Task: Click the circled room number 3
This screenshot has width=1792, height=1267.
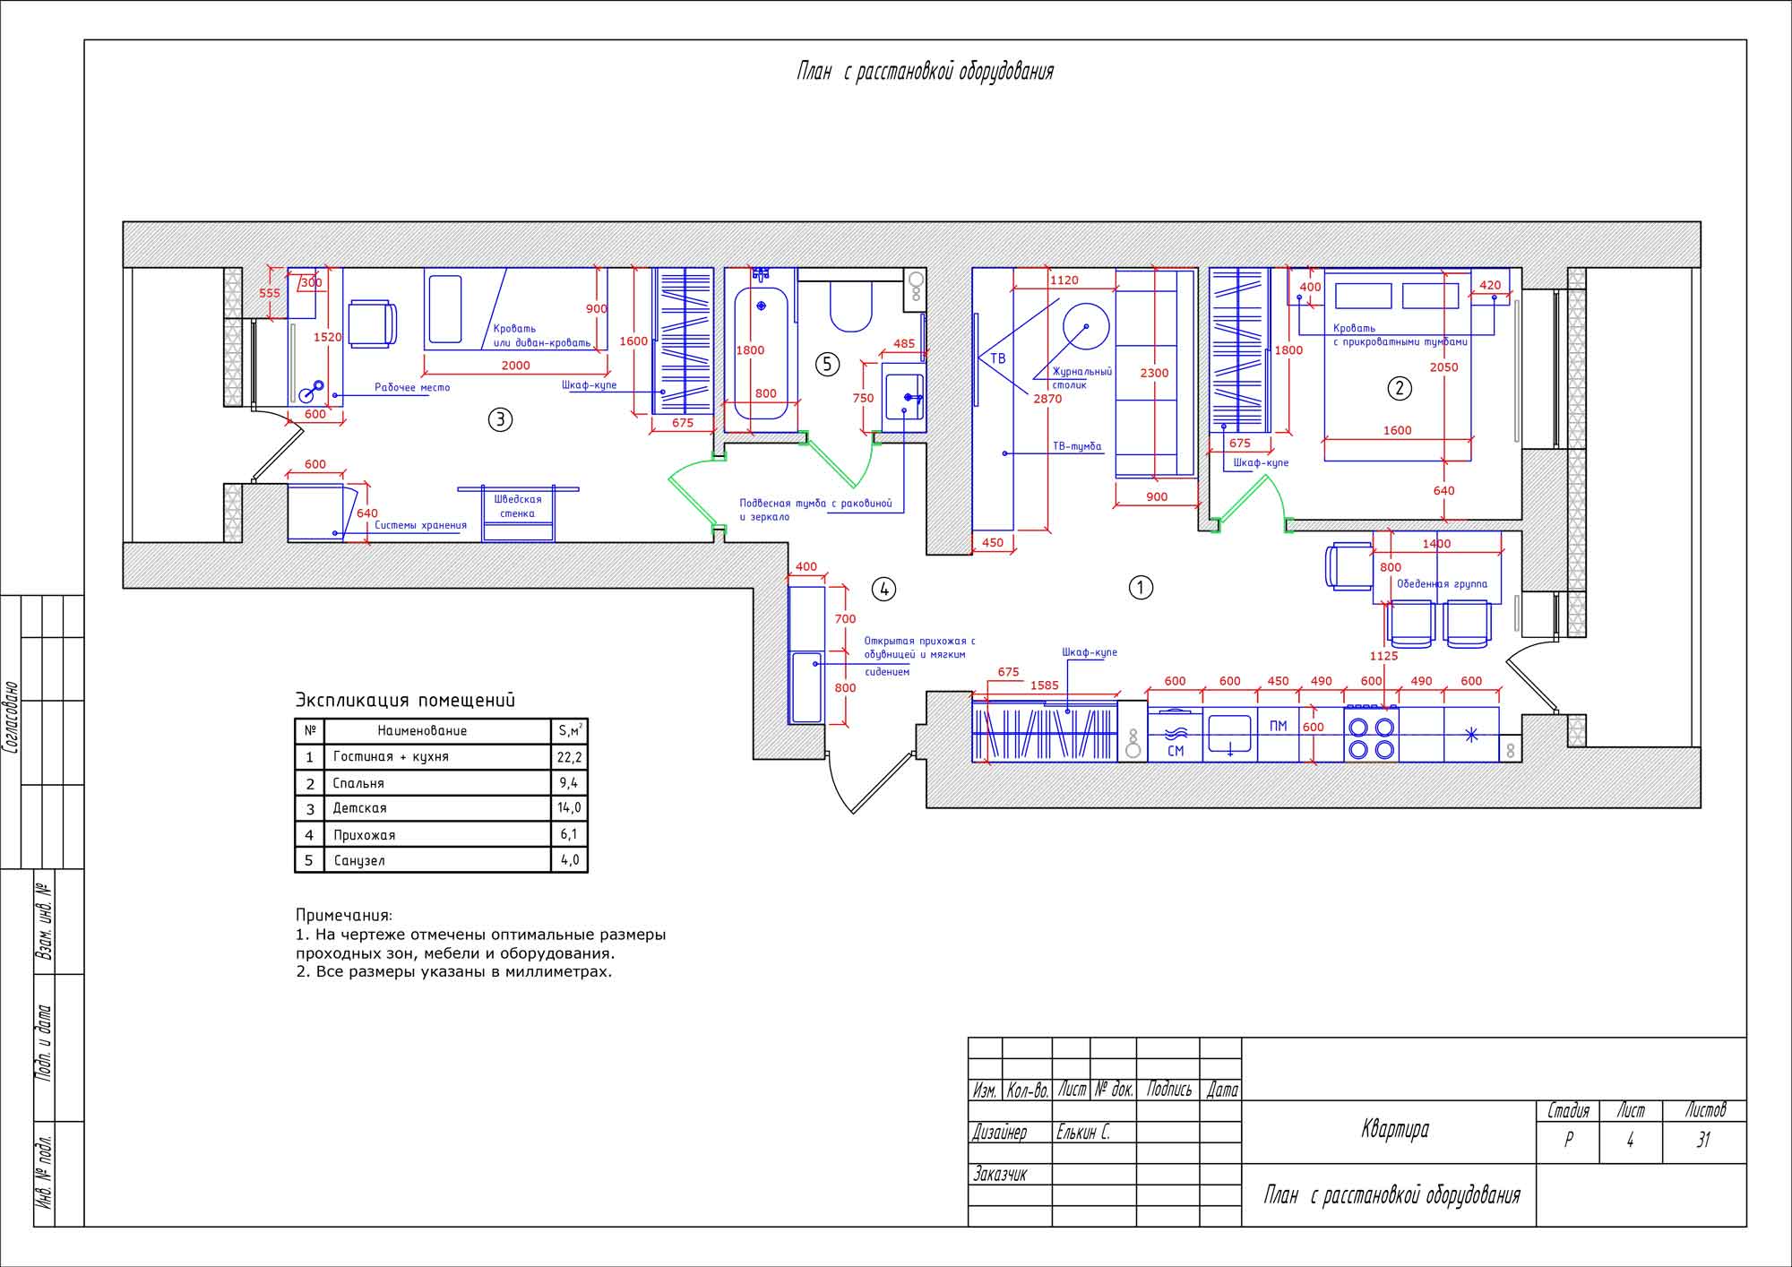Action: pyautogui.click(x=500, y=418)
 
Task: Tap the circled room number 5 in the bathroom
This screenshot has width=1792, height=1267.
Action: pyautogui.click(x=827, y=364)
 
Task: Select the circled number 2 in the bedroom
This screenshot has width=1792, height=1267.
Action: pyautogui.click(x=1400, y=388)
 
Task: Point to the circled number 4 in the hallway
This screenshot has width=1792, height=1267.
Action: pyautogui.click(x=883, y=589)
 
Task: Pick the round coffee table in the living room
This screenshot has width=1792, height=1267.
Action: pyautogui.click(x=1085, y=326)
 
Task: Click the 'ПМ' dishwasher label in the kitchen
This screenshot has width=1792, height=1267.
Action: pyautogui.click(x=1278, y=726)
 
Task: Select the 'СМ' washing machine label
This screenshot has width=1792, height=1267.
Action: pyautogui.click(x=1176, y=751)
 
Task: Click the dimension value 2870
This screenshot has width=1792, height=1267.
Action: pyautogui.click(x=1047, y=399)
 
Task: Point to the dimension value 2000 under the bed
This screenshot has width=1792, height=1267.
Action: pyautogui.click(x=515, y=366)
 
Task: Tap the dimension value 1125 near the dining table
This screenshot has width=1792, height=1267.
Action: pyautogui.click(x=1383, y=656)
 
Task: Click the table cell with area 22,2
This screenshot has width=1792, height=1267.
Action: pyautogui.click(x=569, y=757)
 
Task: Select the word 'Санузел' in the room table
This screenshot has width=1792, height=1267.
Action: pyautogui.click(x=359, y=860)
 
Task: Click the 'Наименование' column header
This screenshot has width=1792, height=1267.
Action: pyautogui.click(x=422, y=731)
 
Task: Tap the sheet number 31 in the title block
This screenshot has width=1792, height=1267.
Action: pyautogui.click(x=1703, y=1140)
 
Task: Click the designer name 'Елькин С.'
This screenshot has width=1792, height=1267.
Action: pyautogui.click(x=1082, y=1133)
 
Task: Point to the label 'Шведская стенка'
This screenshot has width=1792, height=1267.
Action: pyautogui.click(x=517, y=506)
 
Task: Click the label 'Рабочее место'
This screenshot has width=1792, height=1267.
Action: pyautogui.click(x=412, y=388)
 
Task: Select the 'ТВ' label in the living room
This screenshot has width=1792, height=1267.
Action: pyautogui.click(x=997, y=358)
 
